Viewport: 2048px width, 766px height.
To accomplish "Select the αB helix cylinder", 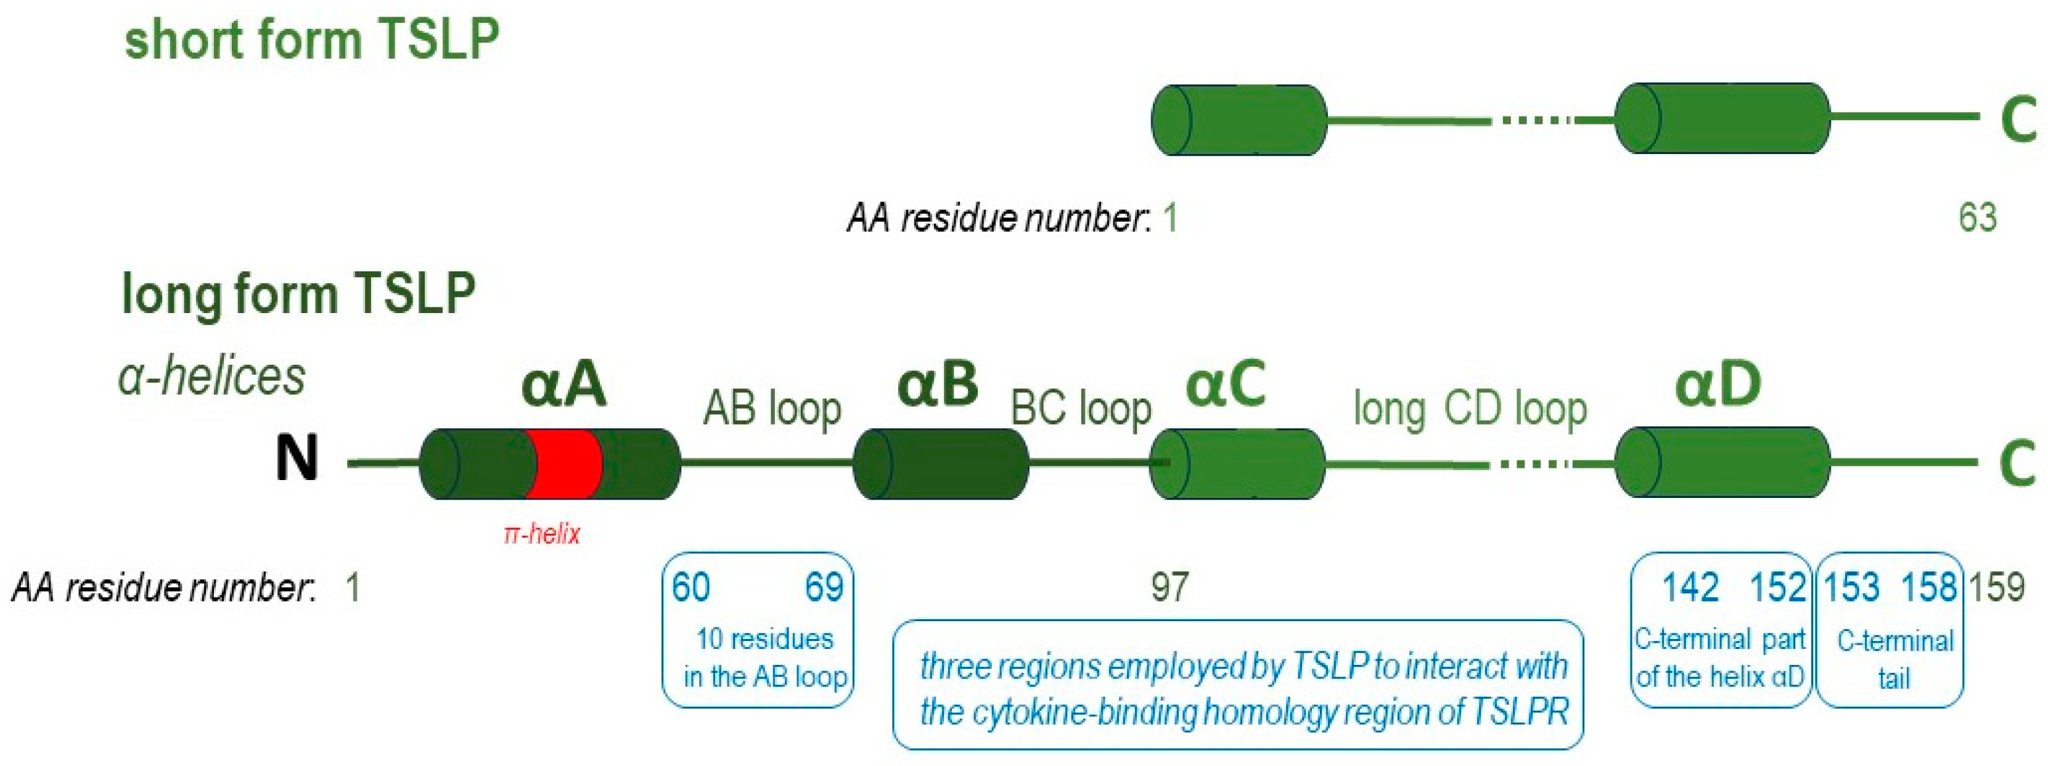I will tap(941, 464).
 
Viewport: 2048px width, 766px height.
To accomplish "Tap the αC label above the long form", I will tap(1225, 385).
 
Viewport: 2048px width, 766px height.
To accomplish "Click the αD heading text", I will tap(1718, 385).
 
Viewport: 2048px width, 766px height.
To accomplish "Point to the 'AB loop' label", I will tap(772, 410).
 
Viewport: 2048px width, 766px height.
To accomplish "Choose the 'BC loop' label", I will tap(1081, 410).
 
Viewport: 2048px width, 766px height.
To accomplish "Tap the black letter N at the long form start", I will tap(297, 458).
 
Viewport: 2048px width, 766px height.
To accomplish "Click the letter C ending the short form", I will tap(2018, 120).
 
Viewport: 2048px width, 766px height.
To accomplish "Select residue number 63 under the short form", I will tap(1977, 218).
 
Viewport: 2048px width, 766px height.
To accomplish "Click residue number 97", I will tap(1169, 588).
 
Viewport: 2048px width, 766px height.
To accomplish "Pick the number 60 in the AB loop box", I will tap(690, 588).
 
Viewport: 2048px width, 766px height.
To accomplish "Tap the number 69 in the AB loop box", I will tap(824, 588).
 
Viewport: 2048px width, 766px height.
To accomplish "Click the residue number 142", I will tap(1690, 588).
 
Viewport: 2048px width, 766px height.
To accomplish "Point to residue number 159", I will tap(1996, 588).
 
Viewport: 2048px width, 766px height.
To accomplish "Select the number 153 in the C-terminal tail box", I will tap(1851, 588).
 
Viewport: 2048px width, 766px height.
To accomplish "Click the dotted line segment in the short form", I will tap(1534, 121).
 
